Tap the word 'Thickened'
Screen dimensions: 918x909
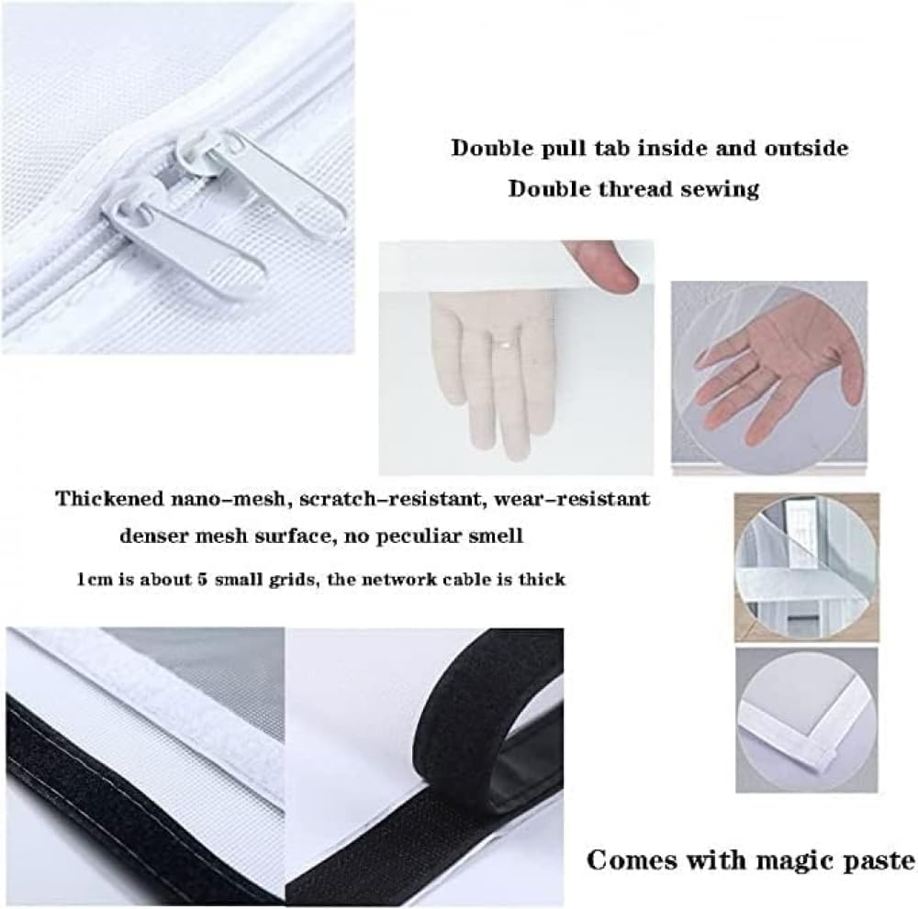tap(109, 498)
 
